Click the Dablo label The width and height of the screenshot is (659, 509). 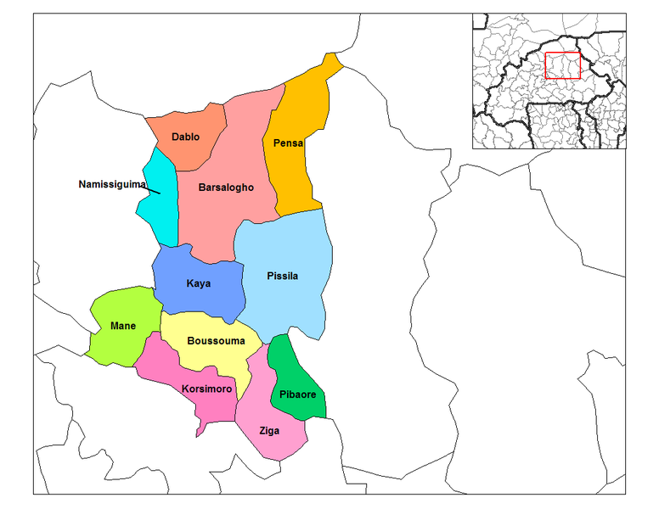(185, 137)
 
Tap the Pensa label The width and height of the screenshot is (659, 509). (288, 143)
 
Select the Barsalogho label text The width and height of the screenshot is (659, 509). (226, 187)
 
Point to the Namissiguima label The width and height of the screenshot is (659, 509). (112, 184)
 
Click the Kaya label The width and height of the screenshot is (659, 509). (198, 283)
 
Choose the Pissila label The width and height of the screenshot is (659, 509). (282, 276)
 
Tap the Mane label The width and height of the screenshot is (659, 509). (123, 326)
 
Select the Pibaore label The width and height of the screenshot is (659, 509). (297, 395)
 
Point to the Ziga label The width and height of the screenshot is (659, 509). (269, 431)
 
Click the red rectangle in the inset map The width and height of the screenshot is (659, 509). (562, 65)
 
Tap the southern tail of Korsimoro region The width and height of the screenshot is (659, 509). (200, 429)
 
